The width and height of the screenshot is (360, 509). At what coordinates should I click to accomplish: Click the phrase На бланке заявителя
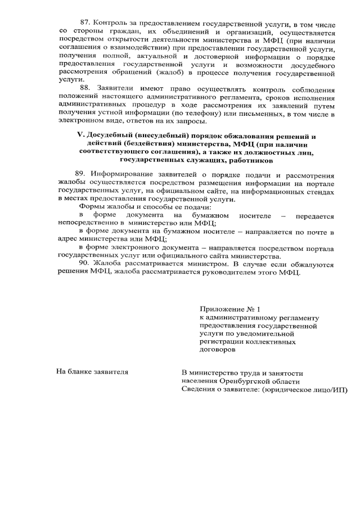pyautogui.click(x=92, y=372)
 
